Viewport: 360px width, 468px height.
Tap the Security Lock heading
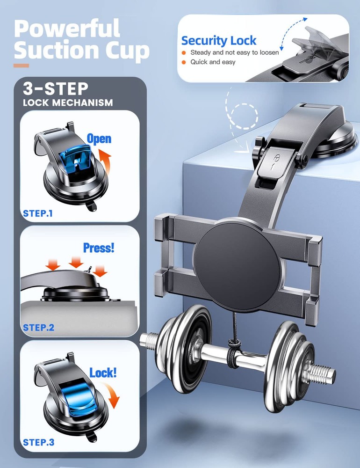click(x=219, y=40)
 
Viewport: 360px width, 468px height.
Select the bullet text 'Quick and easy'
click(x=213, y=62)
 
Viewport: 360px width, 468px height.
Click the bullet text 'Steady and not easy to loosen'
click(x=234, y=52)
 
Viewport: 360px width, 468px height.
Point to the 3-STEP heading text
click(x=56, y=89)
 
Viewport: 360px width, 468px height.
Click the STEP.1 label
click(x=38, y=214)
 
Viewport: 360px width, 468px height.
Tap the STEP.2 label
click(x=39, y=328)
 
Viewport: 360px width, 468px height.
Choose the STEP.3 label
click(x=39, y=442)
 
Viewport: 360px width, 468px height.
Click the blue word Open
click(x=99, y=139)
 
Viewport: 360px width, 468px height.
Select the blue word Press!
click(x=99, y=248)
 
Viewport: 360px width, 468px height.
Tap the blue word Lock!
click(x=103, y=373)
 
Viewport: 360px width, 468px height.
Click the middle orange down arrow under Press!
click(x=76, y=263)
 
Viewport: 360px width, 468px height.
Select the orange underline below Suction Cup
click(x=22, y=66)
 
